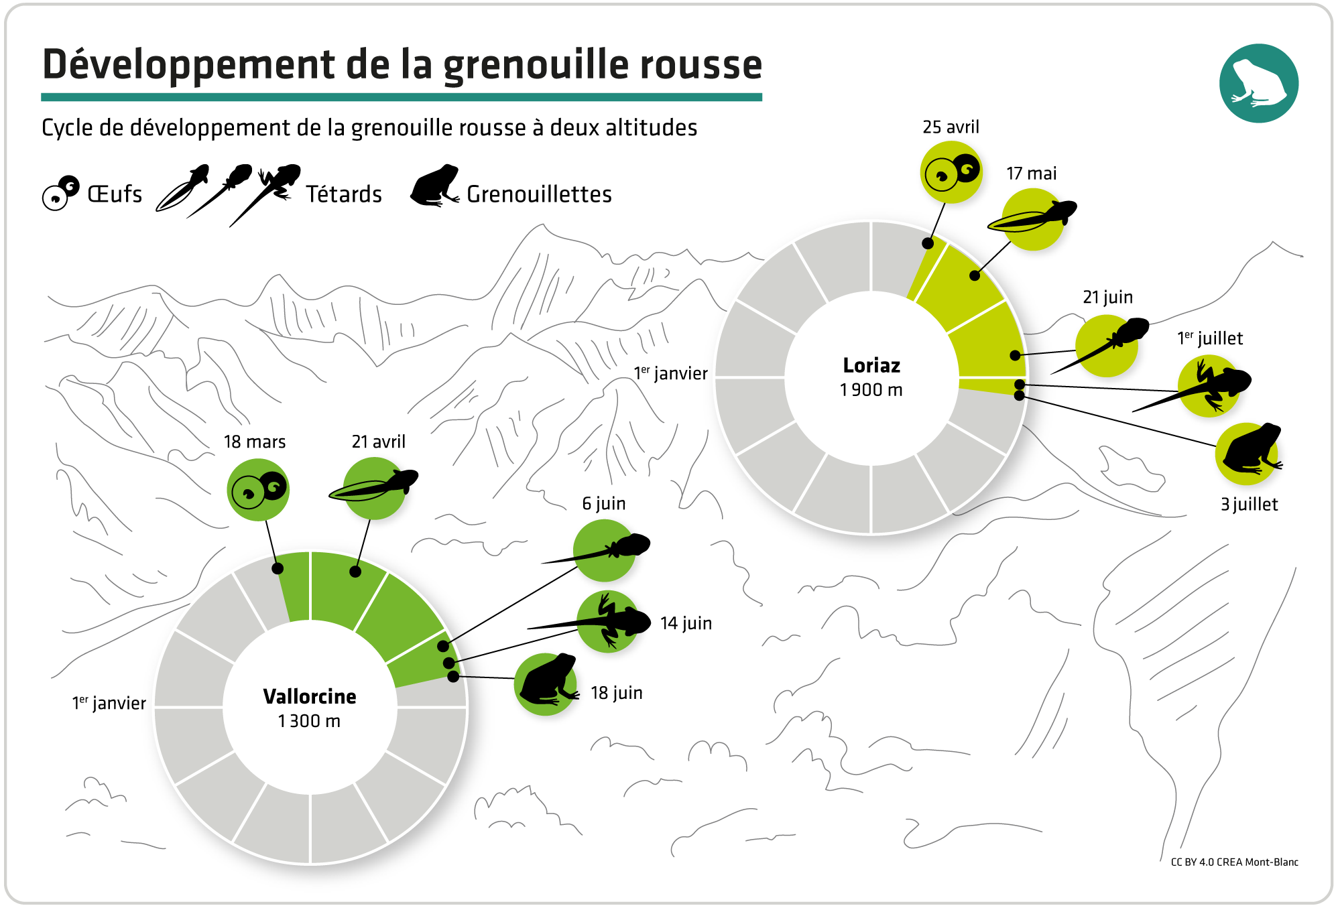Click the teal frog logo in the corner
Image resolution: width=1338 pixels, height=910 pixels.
point(1258,83)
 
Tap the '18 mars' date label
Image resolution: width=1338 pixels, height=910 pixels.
point(255,442)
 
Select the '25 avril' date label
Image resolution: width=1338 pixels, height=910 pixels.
point(951,127)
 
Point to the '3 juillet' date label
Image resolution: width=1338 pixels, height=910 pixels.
point(1249,505)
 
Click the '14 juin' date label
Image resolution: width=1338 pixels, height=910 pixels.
point(686,623)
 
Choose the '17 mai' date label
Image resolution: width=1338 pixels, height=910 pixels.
point(1031,174)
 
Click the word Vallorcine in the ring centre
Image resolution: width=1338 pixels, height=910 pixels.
point(310,697)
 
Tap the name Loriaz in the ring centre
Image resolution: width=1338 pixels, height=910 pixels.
point(871,366)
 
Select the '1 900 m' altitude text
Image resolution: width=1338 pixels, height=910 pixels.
point(871,390)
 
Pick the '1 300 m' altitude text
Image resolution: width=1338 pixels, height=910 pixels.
point(310,721)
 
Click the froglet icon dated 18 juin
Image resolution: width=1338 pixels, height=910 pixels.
point(546,684)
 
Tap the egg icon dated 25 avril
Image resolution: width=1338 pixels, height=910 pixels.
point(951,172)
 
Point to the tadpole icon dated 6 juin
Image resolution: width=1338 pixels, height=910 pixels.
point(604,550)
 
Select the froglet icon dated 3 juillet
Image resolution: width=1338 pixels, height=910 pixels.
point(1247,454)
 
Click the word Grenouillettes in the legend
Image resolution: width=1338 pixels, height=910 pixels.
point(539,194)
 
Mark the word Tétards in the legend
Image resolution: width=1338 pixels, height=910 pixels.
point(344,194)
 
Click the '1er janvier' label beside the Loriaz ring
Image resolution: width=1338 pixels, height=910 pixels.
point(670,373)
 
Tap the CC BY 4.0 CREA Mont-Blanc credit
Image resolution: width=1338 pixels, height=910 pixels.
point(1234,862)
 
